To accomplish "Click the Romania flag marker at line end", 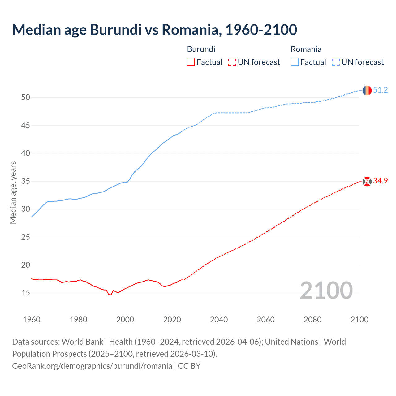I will [x=367, y=90].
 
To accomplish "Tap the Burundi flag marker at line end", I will [x=367, y=181].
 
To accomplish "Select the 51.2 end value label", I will [x=380, y=90].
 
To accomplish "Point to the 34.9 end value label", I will [x=380, y=181].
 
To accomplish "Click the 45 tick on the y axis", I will [x=26, y=125].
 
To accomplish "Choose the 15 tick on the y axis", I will [x=26, y=293].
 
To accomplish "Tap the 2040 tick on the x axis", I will [x=219, y=320].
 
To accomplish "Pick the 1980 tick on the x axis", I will [x=78, y=320].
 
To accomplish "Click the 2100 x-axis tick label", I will [x=359, y=320].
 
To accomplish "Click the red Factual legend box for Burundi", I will [x=191, y=62].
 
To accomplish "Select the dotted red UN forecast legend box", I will [x=232, y=62].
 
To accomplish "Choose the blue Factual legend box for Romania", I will [x=295, y=62].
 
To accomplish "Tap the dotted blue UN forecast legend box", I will [x=336, y=62].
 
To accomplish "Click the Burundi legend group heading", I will [x=201, y=49].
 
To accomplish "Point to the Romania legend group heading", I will [x=306, y=49].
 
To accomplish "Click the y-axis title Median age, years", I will [x=13, y=192].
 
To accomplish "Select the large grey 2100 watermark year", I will [x=326, y=290].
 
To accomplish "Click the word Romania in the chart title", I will [x=191, y=30].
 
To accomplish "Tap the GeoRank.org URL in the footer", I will [x=92, y=366].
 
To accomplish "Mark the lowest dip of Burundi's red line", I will [x=110, y=295].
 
